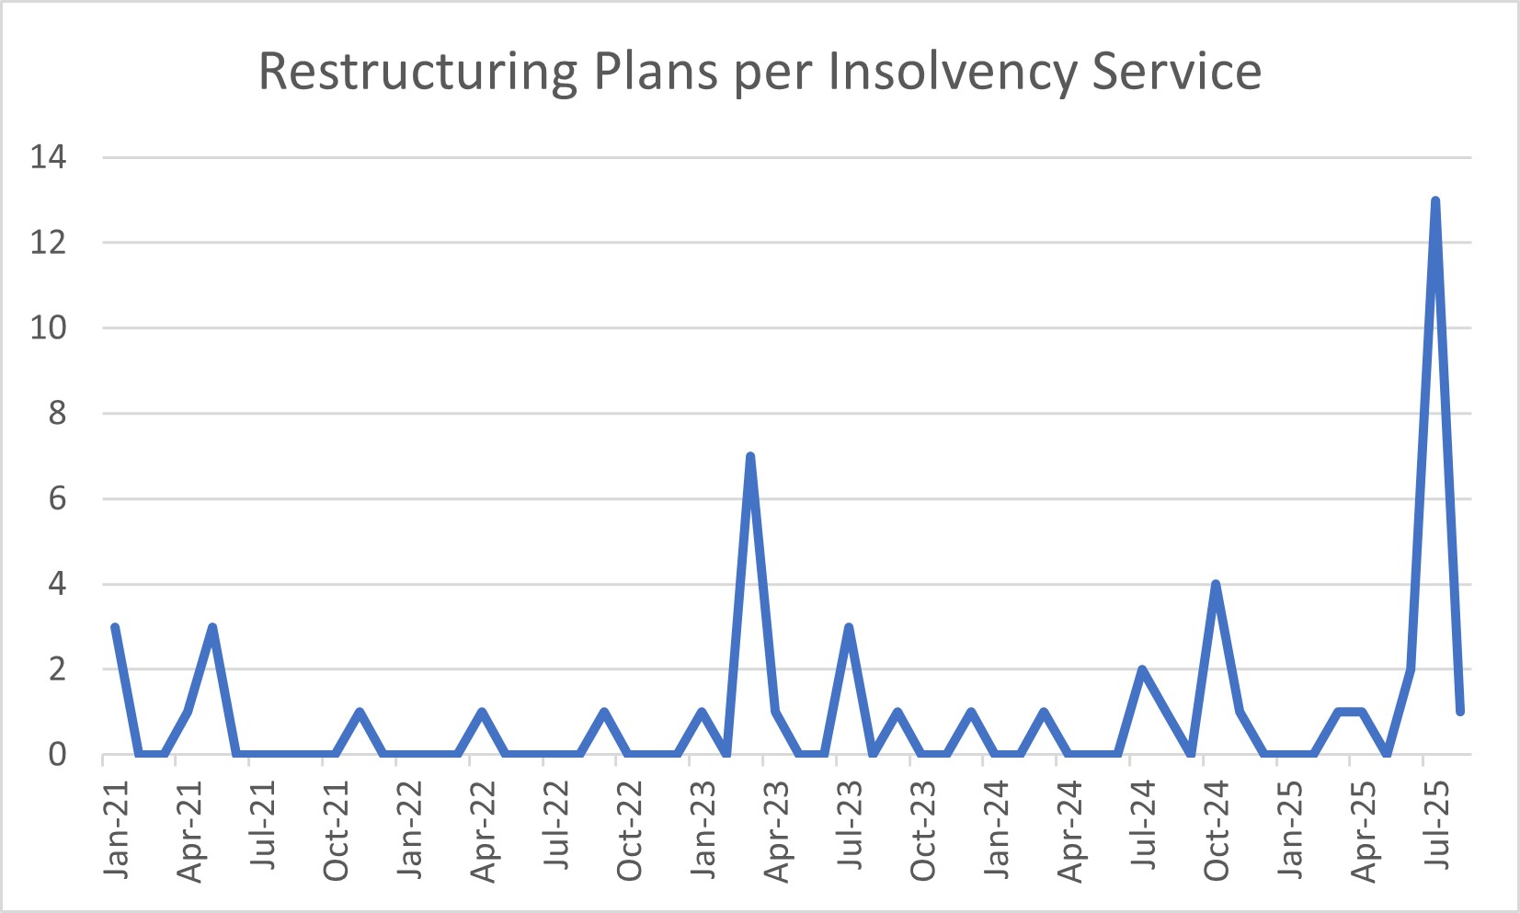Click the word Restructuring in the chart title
click(417, 72)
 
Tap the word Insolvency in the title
click(952, 72)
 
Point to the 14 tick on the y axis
click(49, 157)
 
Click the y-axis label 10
click(49, 328)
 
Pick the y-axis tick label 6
click(57, 499)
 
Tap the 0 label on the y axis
click(57, 755)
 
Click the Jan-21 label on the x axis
click(117, 828)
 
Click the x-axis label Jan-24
click(997, 828)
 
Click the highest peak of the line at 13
click(1435, 200)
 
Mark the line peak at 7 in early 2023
click(750, 456)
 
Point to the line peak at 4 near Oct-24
click(1216, 584)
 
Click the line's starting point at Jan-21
click(115, 627)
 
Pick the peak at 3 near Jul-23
click(849, 627)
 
